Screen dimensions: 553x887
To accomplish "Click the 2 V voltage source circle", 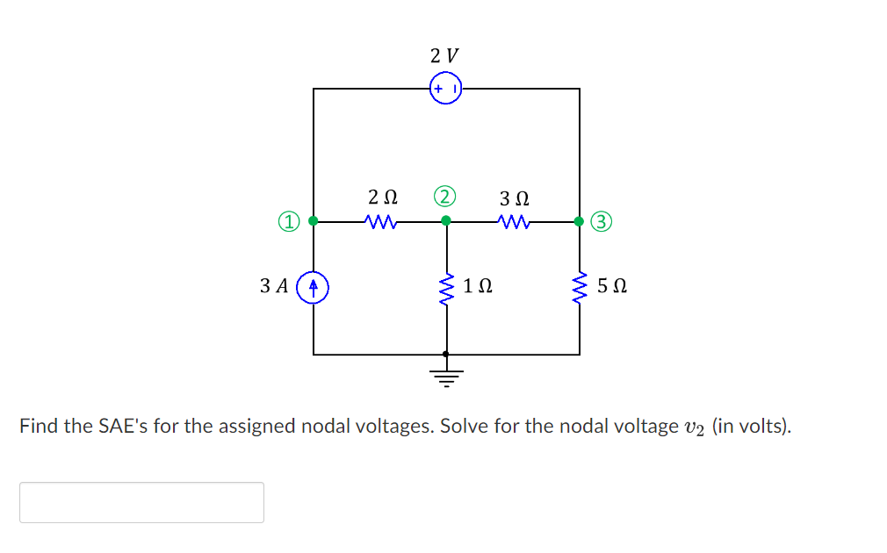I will pos(446,89).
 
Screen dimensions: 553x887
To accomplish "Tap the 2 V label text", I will pos(445,55).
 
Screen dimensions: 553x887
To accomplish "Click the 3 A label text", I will pos(274,286).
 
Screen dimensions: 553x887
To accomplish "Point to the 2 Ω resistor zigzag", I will pos(380,222).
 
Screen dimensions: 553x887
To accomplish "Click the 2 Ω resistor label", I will pos(383,197).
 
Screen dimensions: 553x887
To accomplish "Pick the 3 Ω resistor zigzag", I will pos(513,222).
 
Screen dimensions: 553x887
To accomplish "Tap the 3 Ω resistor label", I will pos(515,197).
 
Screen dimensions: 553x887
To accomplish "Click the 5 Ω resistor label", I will pos(611,286).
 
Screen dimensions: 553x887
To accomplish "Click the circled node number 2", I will pos(446,195).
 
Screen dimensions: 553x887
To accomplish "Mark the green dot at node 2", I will pos(446,221).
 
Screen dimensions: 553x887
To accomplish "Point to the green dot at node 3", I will pos(579,221).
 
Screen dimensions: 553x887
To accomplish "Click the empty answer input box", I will pos(141,502).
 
